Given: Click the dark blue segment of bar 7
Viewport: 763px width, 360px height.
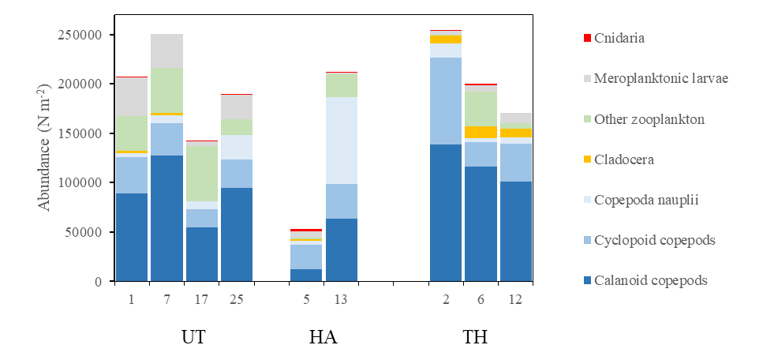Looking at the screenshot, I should coord(166,218).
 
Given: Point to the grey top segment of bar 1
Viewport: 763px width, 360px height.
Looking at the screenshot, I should coord(132,96).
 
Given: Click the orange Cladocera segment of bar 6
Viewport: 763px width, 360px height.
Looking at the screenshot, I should coord(480,132).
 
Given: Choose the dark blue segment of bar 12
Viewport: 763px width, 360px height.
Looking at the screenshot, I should coord(515,231).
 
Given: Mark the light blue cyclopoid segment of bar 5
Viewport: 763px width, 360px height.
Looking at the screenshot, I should coord(306,257).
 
